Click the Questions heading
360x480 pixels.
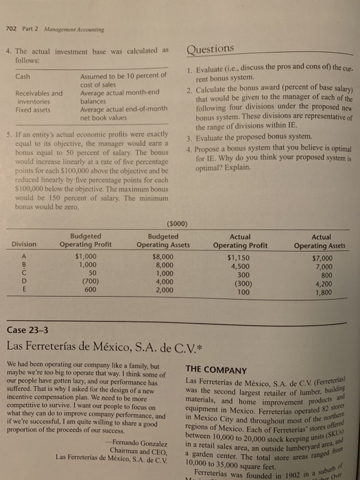pyautogui.click(x=210, y=48)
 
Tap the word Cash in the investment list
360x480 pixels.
pyautogui.click(x=26, y=77)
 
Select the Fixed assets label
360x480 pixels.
pyautogui.click(x=36, y=108)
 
